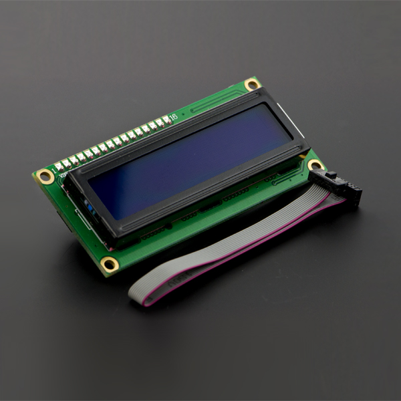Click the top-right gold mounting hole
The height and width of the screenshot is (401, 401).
tap(252, 84)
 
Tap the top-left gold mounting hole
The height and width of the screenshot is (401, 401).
tap(45, 177)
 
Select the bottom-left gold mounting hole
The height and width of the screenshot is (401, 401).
tap(109, 264)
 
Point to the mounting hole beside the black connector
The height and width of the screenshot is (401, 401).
tap(315, 164)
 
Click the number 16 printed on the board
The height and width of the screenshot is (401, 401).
tap(173, 118)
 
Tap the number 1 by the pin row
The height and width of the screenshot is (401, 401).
tap(53, 162)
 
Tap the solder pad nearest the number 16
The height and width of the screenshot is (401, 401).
tap(165, 120)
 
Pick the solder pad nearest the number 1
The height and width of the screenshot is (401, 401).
tap(59, 166)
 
